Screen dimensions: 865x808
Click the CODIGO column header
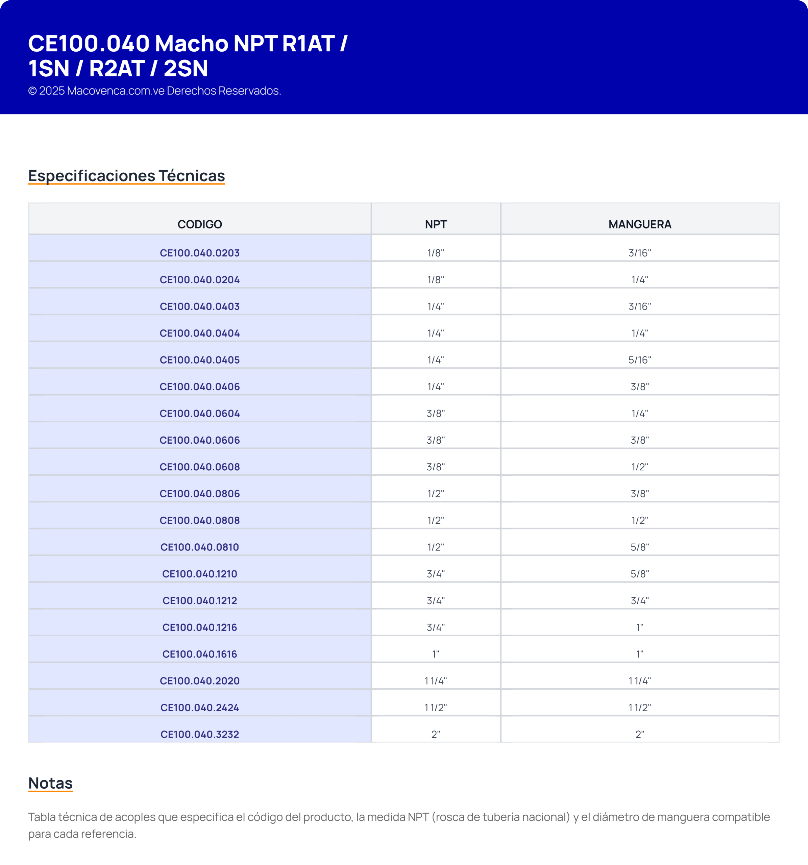200,224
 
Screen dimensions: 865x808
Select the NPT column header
436,224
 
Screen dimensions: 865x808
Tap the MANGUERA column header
640,224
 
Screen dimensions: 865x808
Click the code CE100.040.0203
200,253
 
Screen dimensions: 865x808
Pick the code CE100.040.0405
200,360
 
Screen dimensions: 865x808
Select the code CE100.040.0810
200,547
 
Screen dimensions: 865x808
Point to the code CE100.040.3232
200,734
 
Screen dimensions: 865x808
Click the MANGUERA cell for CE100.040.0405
640,360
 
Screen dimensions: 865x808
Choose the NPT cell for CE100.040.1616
436,654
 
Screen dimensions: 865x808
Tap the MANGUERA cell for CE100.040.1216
640,627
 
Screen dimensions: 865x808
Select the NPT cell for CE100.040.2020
436,681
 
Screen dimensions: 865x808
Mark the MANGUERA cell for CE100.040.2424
640,708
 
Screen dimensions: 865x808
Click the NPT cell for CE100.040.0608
436,467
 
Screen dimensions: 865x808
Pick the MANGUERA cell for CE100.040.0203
640,253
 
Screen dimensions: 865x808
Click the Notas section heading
50,783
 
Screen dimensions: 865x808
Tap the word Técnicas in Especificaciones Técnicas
192,176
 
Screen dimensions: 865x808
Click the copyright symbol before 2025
32,91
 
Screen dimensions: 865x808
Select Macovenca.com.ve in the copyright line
115,91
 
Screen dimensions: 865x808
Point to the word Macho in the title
192,44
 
